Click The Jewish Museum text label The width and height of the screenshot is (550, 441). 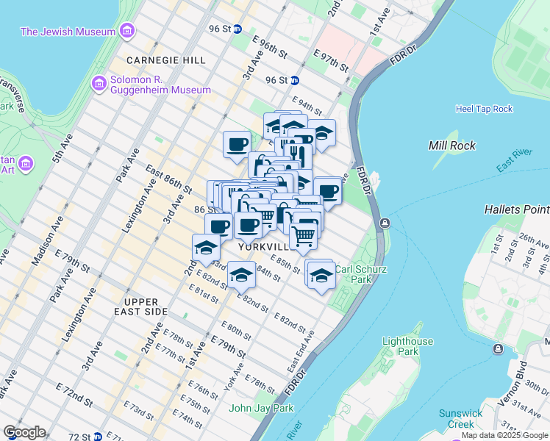click(x=68, y=32)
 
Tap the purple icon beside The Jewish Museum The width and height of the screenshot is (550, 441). click(x=128, y=32)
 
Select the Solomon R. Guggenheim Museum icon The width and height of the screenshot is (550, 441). click(x=99, y=84)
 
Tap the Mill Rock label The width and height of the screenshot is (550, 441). click(x=453, y=146)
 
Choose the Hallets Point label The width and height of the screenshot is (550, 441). click(x=516, y=209)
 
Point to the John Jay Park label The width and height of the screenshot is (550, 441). click(x=261, y=408)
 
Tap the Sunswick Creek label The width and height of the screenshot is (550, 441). click(x=461, y=418)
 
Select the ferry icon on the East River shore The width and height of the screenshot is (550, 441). click(x=385, y=223)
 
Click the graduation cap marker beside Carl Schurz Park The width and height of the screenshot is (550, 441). click(x=321, y=276)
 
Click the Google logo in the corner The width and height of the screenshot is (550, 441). click(x=24, y=431)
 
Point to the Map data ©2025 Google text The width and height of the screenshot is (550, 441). click(x=505, y=436)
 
